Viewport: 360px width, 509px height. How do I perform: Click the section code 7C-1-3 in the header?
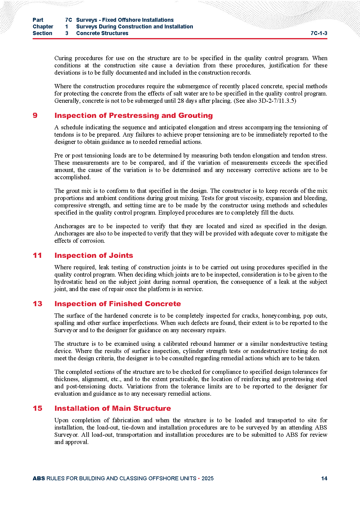[x=319, y=33]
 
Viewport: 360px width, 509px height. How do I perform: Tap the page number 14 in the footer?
[x=324, y=478]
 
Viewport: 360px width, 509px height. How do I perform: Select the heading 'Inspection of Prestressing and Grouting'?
[x=133, y=115]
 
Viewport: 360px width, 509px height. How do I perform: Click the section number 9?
[x=35, y=115]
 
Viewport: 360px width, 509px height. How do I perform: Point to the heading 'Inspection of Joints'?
[x=94, y=255]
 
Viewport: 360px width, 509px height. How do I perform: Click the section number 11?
[x=37, y=255]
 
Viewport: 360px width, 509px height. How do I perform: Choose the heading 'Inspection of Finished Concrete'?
[x=118, y=304]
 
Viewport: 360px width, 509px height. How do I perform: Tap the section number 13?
[x=37, y=304]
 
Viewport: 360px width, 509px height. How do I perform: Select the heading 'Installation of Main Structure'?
[x=112, y=408]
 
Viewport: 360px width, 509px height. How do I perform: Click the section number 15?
[x=37, y=408]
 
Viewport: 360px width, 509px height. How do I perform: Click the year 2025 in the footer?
[x=207, y=478]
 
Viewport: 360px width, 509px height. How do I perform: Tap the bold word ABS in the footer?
[x=39, y=478]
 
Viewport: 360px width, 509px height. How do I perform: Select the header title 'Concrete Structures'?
[x=102, y=33]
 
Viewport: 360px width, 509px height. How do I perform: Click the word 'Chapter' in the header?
[x=43, y=27]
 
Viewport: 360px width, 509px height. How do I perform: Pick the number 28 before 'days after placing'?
[x=181, y=101]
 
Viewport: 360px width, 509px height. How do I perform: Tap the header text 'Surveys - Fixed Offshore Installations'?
[x=125, y=20]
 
